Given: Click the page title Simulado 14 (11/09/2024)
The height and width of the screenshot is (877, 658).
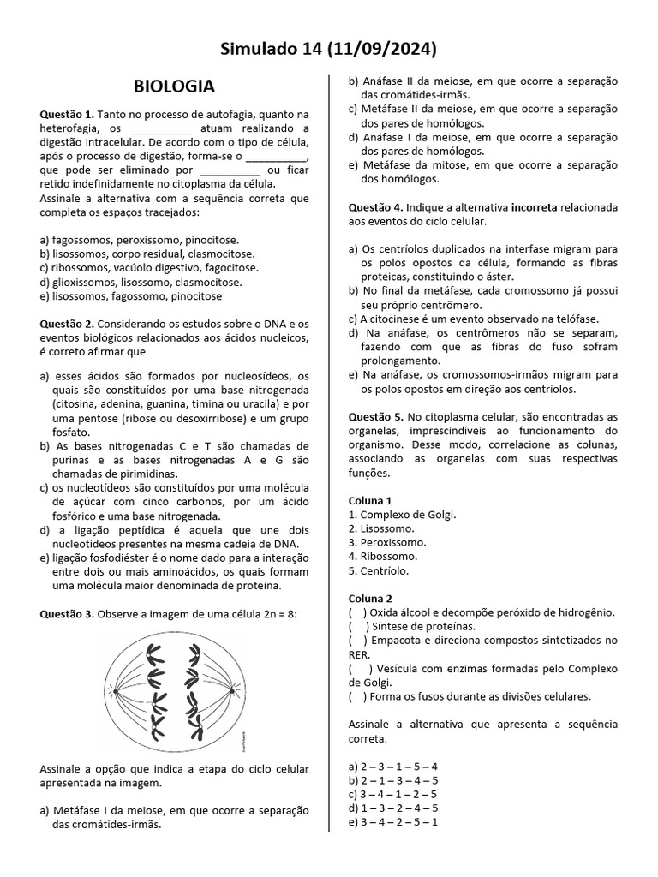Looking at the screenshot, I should coord(329,48).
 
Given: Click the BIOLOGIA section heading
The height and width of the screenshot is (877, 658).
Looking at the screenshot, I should coord(174,87).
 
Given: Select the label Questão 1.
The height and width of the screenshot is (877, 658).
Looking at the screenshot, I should coord(67,114).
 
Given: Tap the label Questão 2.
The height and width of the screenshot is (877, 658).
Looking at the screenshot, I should coord(67,324).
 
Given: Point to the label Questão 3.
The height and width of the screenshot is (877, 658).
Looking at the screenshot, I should coord(67,614).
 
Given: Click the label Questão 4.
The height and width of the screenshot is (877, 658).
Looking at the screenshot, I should coord(375,207).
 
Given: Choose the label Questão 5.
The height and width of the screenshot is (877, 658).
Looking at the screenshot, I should coord(375,416).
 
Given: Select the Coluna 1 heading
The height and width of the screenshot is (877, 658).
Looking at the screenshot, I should coord(370,500).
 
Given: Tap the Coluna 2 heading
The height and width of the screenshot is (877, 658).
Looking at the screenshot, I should coord(370,598).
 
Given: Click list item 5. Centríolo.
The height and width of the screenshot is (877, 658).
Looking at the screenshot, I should coord(379,570).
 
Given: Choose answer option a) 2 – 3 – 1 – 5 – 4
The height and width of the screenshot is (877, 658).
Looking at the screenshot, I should coord(393,766).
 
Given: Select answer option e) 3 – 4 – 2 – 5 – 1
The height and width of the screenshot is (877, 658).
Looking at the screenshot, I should coord(393,821).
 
